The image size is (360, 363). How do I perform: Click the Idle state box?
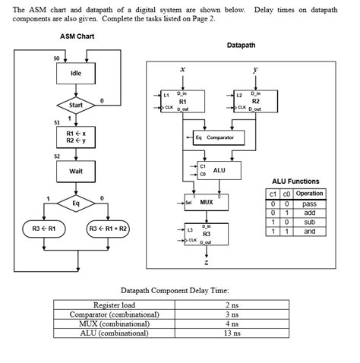(x=76, y=74)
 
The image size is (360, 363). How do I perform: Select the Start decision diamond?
(x=76, y=105)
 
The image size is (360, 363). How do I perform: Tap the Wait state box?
(x=76, y=172)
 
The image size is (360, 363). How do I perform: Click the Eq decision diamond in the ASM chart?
(x=76, y=204)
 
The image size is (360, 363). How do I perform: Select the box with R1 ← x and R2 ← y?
(x=76, y=137)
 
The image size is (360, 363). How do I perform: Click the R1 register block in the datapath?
(x=183, y=101)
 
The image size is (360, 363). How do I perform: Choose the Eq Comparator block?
(x=214, y=137)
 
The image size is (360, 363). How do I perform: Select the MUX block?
(x=206, y=203)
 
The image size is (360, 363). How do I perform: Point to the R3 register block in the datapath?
(x=206, y=233)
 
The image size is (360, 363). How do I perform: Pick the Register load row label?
(x=114, y=304)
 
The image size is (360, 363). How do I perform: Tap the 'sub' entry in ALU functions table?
(x=309, y=223)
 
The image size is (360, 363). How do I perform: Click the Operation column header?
(x=309, y=194)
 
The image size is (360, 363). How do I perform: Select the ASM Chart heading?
(x=77, y=36)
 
